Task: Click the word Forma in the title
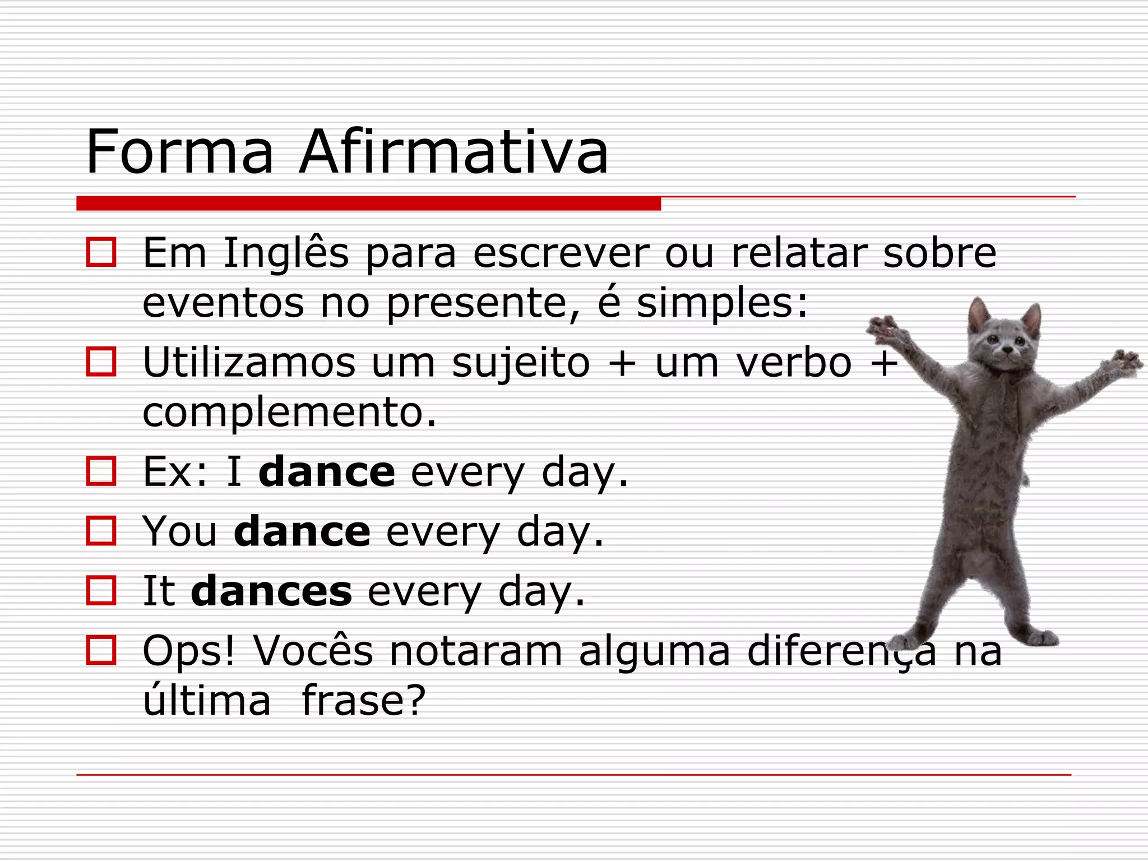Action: [179, 152]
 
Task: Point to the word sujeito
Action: [521, 363]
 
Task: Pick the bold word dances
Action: [271, 591]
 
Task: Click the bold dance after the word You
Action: [302, 532]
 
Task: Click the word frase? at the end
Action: [364, 701]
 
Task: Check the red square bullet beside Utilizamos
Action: [101, 362]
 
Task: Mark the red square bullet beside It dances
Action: [101, 590]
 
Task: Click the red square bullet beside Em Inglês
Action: [101, 252]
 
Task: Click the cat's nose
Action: [1007, 350]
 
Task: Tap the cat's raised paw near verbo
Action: [885, 328]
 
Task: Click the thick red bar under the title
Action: [368, 203]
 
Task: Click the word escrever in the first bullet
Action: [561, 254]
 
